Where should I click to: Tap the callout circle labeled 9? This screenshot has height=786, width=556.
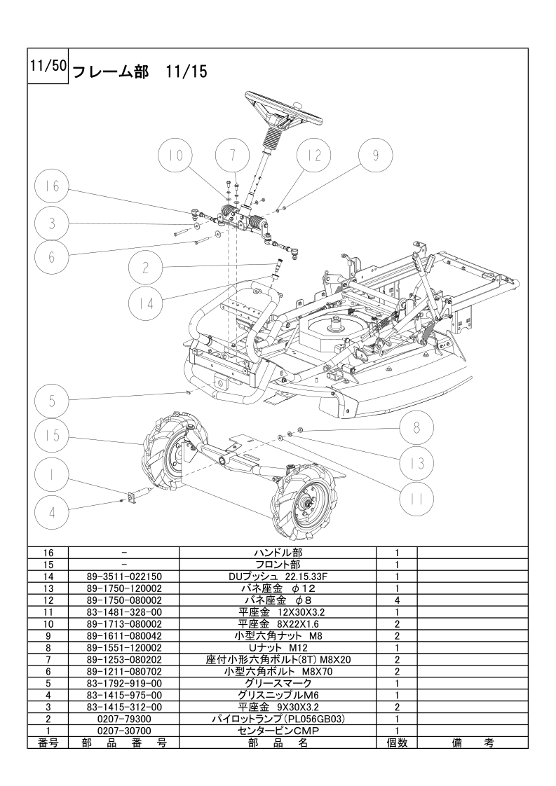point(377,156)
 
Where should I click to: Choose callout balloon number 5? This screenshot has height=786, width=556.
point(51,401)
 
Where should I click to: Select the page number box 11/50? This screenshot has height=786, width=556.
point(48,66)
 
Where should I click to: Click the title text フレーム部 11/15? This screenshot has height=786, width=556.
point(140,71)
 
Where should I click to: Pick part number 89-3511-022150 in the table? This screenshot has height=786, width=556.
point(124,576)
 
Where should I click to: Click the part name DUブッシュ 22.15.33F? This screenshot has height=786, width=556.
point(278,576)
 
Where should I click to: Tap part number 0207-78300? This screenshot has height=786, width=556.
point(124,719)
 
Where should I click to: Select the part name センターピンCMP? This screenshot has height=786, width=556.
point(278,730)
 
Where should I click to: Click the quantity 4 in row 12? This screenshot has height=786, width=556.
point(397,600)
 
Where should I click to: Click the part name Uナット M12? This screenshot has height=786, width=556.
point(278,647)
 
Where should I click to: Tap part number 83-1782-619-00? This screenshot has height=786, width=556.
point(124,683)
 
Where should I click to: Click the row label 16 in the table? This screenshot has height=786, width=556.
point(48,552)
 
